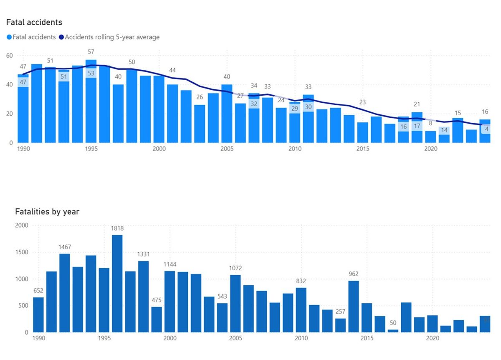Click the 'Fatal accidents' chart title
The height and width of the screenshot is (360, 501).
tap(34, 22)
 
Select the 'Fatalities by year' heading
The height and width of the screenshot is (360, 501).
tap(47, 212)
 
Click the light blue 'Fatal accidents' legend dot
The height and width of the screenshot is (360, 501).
tap(9, 37)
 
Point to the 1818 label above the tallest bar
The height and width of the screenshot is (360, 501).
tap(117, 228)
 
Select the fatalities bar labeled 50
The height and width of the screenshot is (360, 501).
tap(393, 330)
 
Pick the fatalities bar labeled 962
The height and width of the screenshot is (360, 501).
tap(353, 307)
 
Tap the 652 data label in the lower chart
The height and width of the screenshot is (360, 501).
tap(38, 291)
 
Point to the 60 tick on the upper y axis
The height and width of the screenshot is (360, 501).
tap(9, 56)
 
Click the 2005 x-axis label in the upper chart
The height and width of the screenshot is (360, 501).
tap(227, 149)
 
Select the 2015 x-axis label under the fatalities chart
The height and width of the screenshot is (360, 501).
tap(367, 338)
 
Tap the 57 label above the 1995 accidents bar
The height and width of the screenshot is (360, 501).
tap(91, 52)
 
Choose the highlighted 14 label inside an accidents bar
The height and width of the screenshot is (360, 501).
tap(444, 130)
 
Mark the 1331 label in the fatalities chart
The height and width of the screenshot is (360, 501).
tap(143, 254)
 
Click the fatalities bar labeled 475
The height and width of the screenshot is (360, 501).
tap(157, 319)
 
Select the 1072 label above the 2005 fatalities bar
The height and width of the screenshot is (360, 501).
tap(235, 268)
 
